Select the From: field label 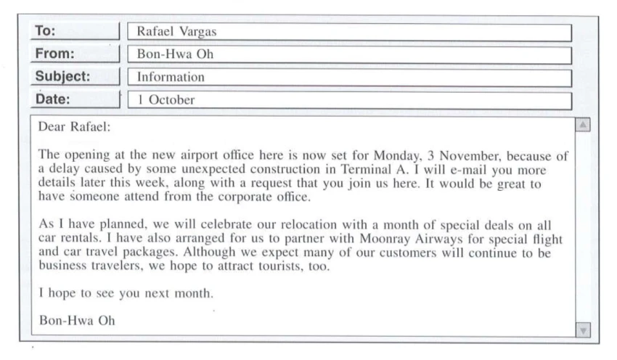(56, 53)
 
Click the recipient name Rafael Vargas (176, 32)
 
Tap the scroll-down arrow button (581, 330)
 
